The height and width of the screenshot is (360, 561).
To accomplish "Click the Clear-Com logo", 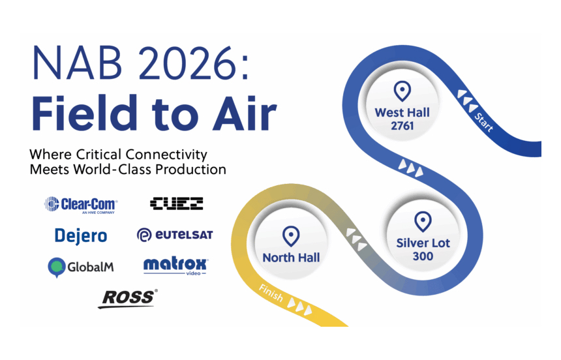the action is (82, 205).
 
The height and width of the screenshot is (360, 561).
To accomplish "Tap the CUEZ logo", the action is (176, 203).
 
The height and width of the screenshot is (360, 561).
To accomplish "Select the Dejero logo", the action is (81, 236).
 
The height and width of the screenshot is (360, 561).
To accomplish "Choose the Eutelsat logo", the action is (175, 235).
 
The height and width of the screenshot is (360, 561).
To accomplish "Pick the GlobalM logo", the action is (81, 267).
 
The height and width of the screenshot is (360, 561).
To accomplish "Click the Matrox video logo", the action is (175, 266).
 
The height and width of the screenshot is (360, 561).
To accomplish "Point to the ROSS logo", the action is (128, 299).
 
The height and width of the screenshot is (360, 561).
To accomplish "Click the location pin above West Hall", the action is (402, 91).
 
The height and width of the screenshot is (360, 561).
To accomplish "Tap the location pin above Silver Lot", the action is (423, 222).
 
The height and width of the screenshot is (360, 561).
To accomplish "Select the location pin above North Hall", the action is (291, 236).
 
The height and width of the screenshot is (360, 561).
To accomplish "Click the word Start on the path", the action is (484, 122).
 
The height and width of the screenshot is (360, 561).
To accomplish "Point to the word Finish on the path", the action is (271, 293).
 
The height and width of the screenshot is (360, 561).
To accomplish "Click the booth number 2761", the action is (402, 126).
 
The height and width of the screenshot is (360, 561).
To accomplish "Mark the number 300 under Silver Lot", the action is (423, 256).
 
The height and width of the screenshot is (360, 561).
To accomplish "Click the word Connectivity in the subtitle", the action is (166, 155).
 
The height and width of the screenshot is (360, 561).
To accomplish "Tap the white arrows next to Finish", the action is (299, 306).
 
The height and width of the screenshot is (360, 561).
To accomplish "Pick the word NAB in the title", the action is (77, 63).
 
